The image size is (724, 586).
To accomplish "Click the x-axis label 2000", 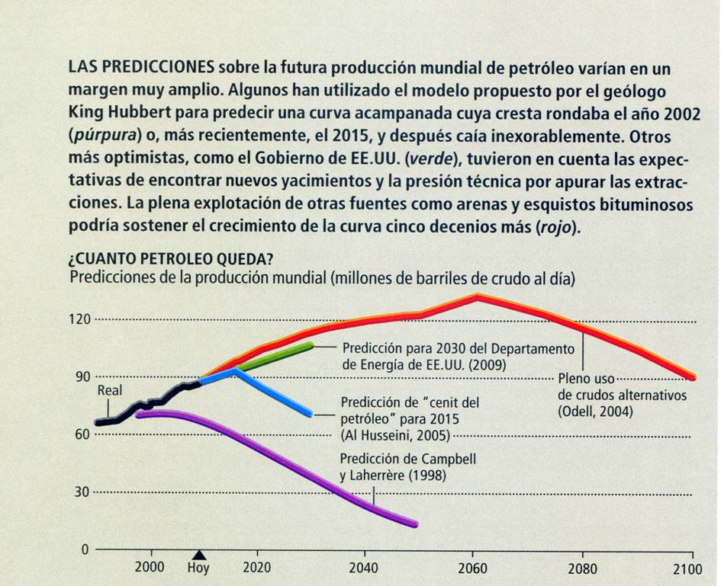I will (x=152, y=568).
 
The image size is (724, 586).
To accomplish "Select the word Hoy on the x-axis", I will (x=198, y=568).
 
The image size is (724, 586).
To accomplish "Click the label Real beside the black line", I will (x=110, y=390).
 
